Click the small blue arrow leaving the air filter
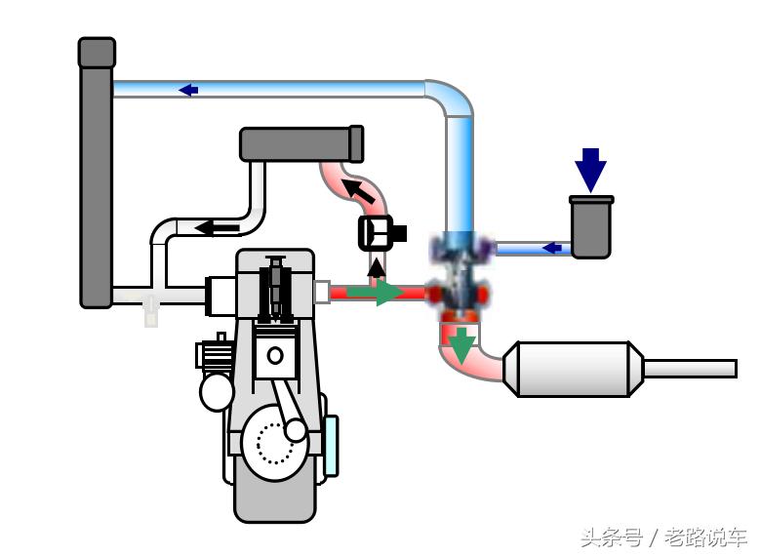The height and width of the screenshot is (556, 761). (551, 248)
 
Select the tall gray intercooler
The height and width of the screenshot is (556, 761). (96, 176)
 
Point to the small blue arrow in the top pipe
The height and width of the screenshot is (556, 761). (188, 90)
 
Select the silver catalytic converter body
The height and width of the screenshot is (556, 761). (573, 369)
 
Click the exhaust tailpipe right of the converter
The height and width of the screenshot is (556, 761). (688, 369)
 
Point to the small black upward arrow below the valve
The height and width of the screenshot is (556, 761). (376, 266)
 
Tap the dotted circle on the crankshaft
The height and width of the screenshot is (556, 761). (275, 445)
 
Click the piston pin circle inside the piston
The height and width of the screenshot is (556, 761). (275, 356)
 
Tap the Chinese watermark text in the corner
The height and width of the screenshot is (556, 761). (663, 536)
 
